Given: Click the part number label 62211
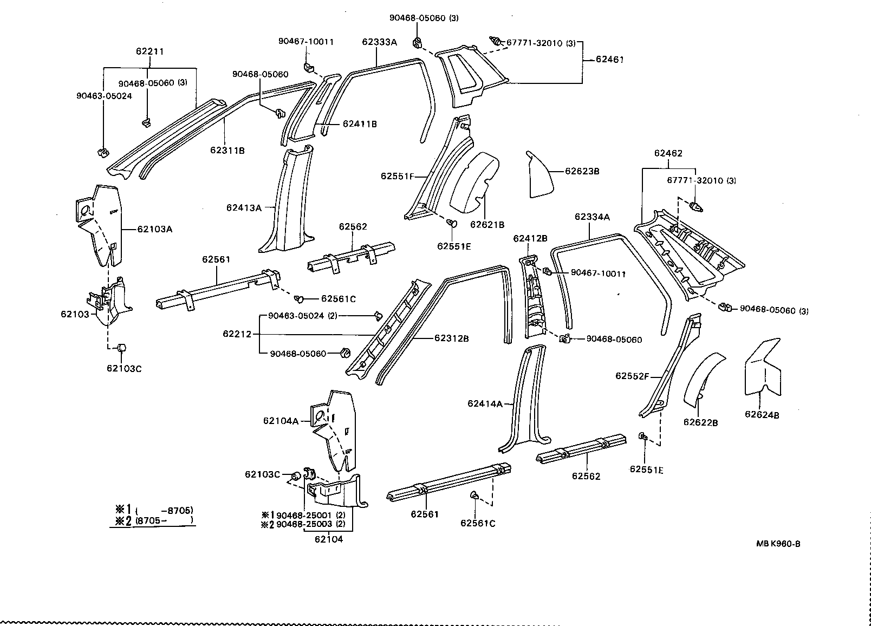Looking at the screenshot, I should click(149, 52).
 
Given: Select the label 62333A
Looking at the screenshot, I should click(379, 42).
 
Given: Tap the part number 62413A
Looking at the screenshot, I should click(244, 207).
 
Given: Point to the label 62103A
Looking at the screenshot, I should click(154, 229).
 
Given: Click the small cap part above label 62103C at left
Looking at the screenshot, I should click(122, 347).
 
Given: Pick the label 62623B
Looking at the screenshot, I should click(582, 171).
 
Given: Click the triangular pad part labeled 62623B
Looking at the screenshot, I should click(539, 176).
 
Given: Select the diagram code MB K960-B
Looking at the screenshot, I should click(778, 544).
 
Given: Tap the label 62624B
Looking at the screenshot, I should click(762, 415).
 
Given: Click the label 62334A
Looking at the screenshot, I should click(592, 217).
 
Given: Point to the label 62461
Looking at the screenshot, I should click(609, 60).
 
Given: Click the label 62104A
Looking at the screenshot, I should click(281, 421).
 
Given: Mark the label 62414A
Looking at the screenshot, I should click(485, 403).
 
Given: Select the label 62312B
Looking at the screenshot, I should click(451, 338).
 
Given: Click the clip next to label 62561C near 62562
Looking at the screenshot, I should click(299, 298).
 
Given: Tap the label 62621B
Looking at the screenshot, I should click(487, 225).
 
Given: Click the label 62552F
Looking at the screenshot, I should click(632, 376).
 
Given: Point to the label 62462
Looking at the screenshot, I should click(668, 153).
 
